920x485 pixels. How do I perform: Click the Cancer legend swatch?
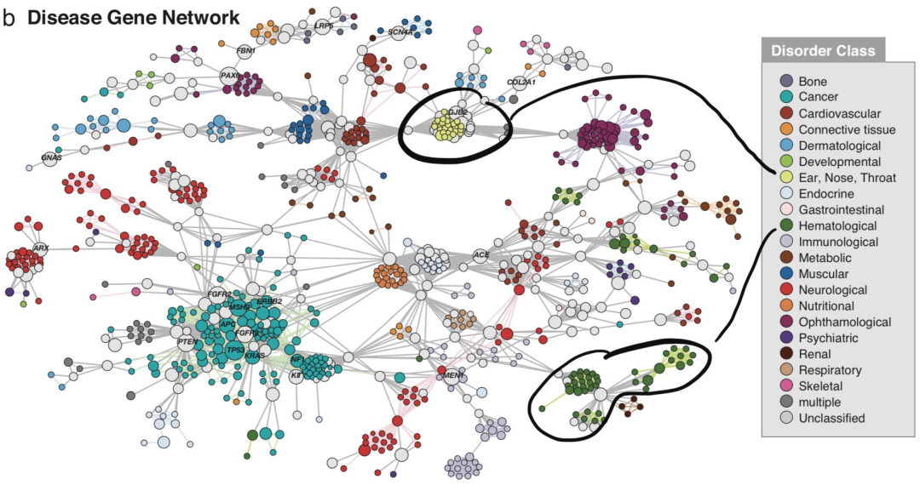(788, 97)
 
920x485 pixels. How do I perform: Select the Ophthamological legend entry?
(788, 322)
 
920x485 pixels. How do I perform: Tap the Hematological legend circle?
(788, 225)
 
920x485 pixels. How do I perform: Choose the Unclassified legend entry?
(788, 418)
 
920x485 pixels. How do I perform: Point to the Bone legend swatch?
(788, 81)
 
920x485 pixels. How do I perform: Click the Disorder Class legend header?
(822, 50)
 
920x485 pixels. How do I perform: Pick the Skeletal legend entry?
(788, 385)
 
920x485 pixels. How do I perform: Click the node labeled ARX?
(40, 248)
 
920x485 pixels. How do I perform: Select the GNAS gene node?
(52, 157)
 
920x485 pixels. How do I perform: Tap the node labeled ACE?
(481, 254)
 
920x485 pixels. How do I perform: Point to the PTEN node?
(188, 341)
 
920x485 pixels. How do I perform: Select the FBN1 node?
(245, 51)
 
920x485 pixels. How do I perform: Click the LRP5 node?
(324, 26)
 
